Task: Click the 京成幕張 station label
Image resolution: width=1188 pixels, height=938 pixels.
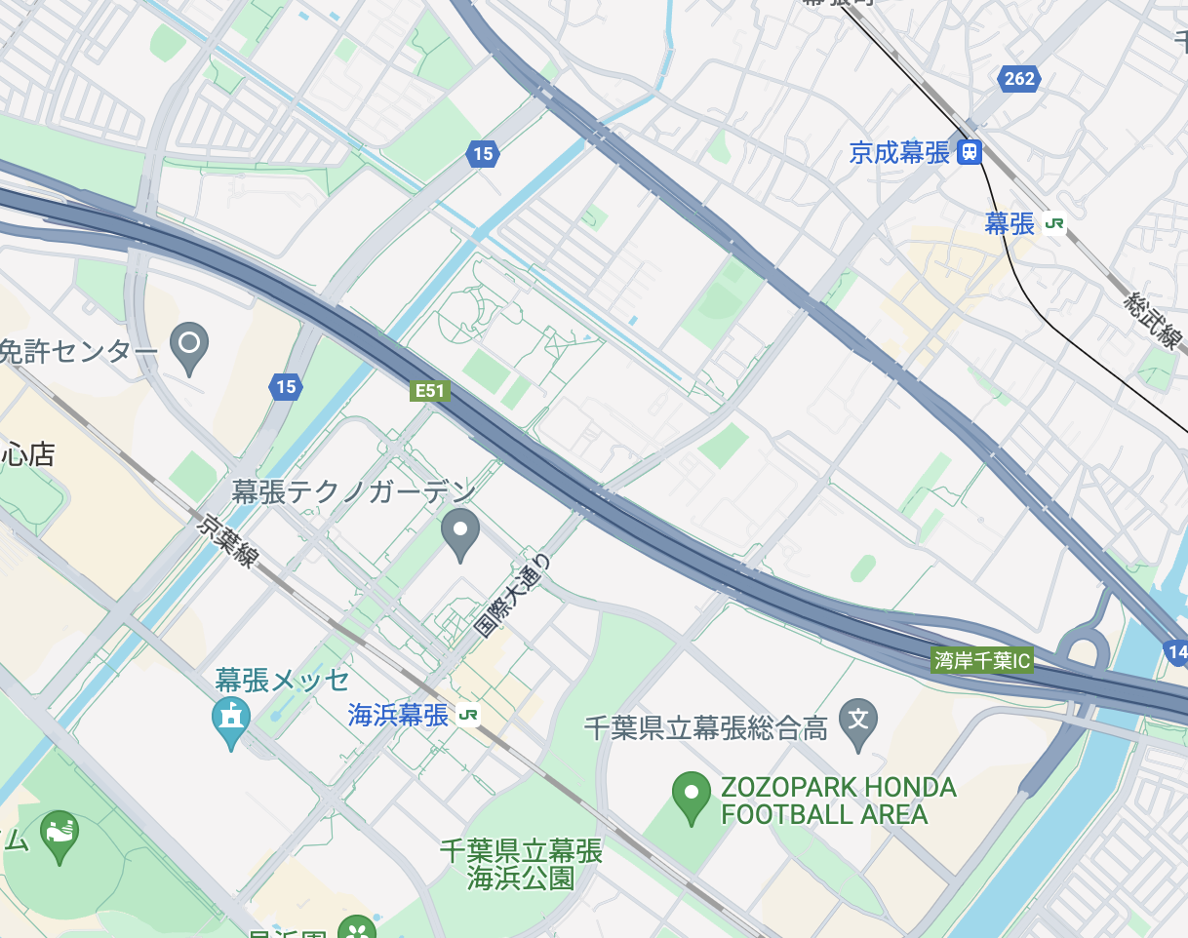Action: tap(899, 152)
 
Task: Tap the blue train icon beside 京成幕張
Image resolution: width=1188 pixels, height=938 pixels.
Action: tap(969, 152)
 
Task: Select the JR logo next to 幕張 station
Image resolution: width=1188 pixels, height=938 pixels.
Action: tap(1053, 224)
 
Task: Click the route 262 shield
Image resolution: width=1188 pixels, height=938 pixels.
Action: tap(1018, 79)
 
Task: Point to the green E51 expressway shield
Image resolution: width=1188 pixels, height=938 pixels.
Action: tap(429, 391)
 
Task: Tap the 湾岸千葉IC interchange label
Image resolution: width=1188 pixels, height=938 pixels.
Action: tap(982, 661)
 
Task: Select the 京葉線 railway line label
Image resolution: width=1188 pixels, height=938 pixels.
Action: tap(227, 540)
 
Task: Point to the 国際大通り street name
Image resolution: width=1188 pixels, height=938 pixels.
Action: tap(513, 595)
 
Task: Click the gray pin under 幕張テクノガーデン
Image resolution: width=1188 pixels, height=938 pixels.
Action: tap(459, 532)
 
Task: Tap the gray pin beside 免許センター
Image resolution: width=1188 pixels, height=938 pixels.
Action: tap(189, 345)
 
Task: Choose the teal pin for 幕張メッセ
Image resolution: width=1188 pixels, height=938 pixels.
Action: tap(230, 722)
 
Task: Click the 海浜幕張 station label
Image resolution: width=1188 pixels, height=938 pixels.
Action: tap(398, 715)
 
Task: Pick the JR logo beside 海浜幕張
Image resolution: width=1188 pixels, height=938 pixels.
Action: tap(469, 716)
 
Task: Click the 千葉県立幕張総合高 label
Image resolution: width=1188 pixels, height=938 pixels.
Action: tap(705, 727)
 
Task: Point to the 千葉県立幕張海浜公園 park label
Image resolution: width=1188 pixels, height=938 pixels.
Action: tap(521, 865)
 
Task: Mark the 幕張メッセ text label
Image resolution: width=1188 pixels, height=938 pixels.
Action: tap(282, 680)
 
